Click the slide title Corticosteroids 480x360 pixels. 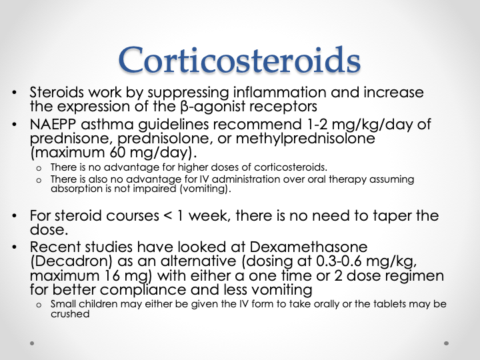[x=240, y=60]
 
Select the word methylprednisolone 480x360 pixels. [x=305, y=139]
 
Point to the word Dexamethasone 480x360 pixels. [x=309, y=247]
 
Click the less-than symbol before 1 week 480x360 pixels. [x=168, y=216]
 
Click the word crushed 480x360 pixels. [x=70, y=314]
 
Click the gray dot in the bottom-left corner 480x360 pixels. [x=32, y=343]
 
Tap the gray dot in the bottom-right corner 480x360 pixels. [x=446, y=343]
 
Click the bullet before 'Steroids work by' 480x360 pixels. [x=15, y=92]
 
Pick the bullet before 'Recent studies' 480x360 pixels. [x=15, y=247]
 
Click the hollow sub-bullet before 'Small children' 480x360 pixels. [x=39, y=305]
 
